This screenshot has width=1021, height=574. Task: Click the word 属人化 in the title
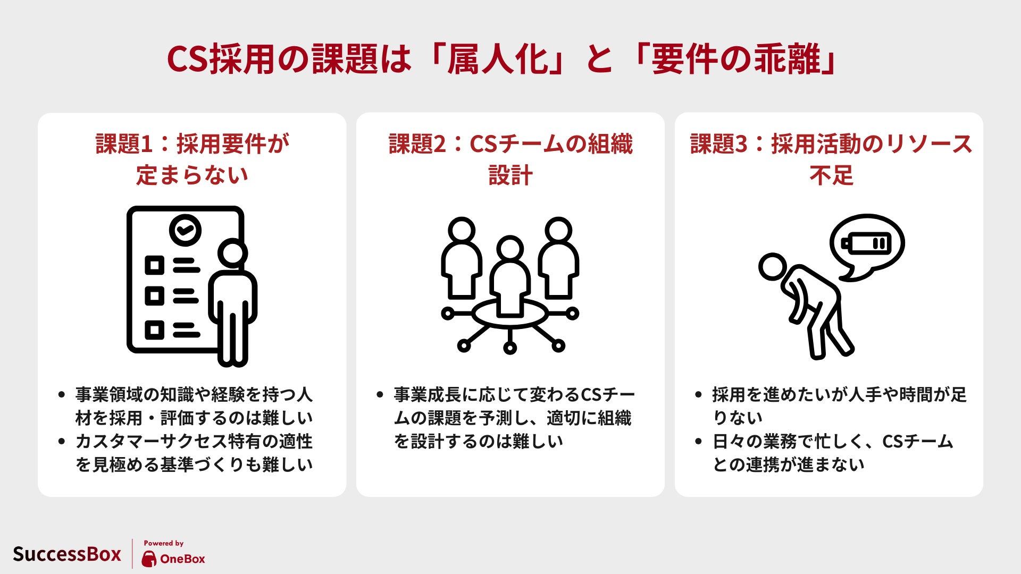click(x=498, y=58)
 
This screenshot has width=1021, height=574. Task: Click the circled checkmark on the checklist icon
click(x=185, y=230)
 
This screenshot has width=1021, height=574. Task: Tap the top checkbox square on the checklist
click(x=155, y=265)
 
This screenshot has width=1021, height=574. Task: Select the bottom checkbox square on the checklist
click(x=155, y=330)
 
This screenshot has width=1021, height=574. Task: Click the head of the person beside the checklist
click(x=232, y=254)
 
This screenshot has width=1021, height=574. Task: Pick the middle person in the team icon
click(x=510, y=276)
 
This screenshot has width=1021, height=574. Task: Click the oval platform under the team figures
click(x=510, y=314)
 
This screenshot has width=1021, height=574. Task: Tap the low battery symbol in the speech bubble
click(x=866, y=244)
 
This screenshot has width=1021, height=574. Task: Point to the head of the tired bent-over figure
click(x=772, y=267)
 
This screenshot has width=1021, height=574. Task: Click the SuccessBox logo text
click(x=67, y=554)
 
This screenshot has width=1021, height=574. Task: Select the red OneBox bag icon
click(x=149, y=559)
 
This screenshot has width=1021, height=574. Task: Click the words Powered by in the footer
click(x=164, y=543)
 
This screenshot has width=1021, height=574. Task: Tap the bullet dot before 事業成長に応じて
click(x=380, y=394)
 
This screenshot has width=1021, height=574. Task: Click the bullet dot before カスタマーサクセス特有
click(x=62, y=441)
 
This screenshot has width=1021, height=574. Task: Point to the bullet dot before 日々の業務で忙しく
click(x=699, y=441)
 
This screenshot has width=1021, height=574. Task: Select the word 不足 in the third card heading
click(x=831, y=175)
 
